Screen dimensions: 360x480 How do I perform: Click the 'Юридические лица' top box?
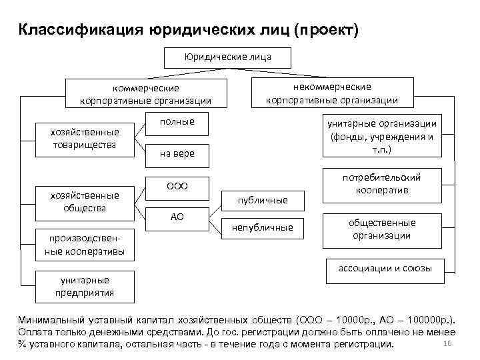(227, 57)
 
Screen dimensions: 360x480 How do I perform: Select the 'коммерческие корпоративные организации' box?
(145, 94)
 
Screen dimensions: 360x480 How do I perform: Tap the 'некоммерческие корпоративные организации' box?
(331, 93)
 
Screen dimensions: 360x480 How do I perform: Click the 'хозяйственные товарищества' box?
(84, 138)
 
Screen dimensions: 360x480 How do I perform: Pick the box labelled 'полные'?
(177, 122)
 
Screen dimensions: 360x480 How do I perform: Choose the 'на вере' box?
(177, 153)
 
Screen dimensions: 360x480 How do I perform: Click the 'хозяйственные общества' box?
(84, 202)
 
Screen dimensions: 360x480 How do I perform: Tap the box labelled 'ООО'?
(177, 186)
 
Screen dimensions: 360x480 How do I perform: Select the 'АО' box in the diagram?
(177, 217)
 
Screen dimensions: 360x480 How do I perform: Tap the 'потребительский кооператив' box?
(381, 184)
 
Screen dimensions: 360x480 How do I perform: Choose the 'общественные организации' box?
(381, 229)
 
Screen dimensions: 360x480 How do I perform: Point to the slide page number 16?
(447, 343)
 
